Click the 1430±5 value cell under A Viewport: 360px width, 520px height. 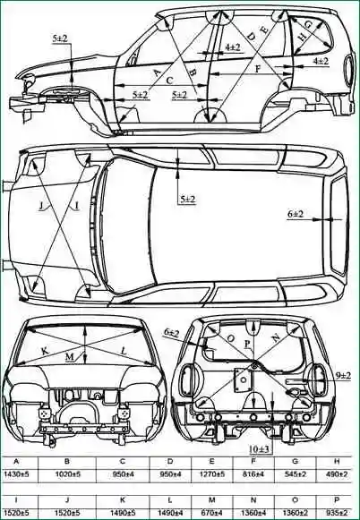pyautogui.click(x=17, y=474)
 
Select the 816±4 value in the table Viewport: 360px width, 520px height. pyautogui.click(x=253, y=474)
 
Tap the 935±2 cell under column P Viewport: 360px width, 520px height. pyautogui.click(x=337, y=512)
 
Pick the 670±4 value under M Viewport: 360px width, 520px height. pyautogui.click(x=211, y=512)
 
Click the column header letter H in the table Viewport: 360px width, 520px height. pyautogui.click(x=337, y=461)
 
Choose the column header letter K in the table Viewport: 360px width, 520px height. pyautogui.click(x=123, y=499)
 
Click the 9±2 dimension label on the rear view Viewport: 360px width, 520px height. pyautogui.click(x=343, y=376)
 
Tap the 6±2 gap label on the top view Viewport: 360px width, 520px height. pyautogui.click(x=296, y=214)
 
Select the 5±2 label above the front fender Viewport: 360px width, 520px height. pyautogui.click(x=60, y=38)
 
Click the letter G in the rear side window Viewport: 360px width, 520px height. pyautogui.click(x=308, y=24)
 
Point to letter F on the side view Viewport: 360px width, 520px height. pyautogui.click(x=258, y=69)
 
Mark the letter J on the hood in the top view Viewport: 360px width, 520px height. pyautogui.click(x=41, y=206)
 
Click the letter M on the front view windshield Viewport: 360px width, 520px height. pyautogui.click(x=70, y=357)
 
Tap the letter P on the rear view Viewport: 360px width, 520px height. pyautogui.click(x=247, y=345)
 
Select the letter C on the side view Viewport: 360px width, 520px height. pyautogui.click(x=169, y=81)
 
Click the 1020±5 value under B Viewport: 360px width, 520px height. pyautogui.click(x=68, y=474)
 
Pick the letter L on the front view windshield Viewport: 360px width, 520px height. pyautogui.click(x=124, y=351)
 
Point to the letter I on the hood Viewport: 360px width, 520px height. pyautogui.click(x=77, y=206)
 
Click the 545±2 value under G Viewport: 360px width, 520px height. pyautogui.click(x=295, y=474)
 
